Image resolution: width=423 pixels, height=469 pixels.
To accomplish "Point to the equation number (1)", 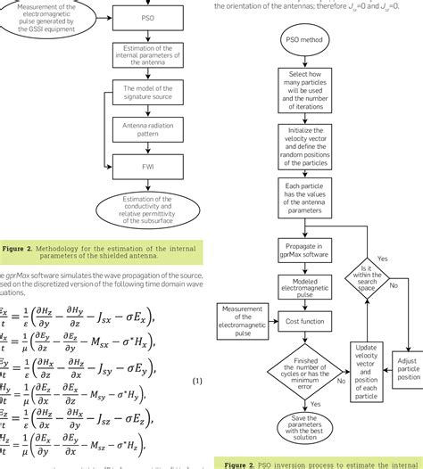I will click(x=198, y=382).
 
